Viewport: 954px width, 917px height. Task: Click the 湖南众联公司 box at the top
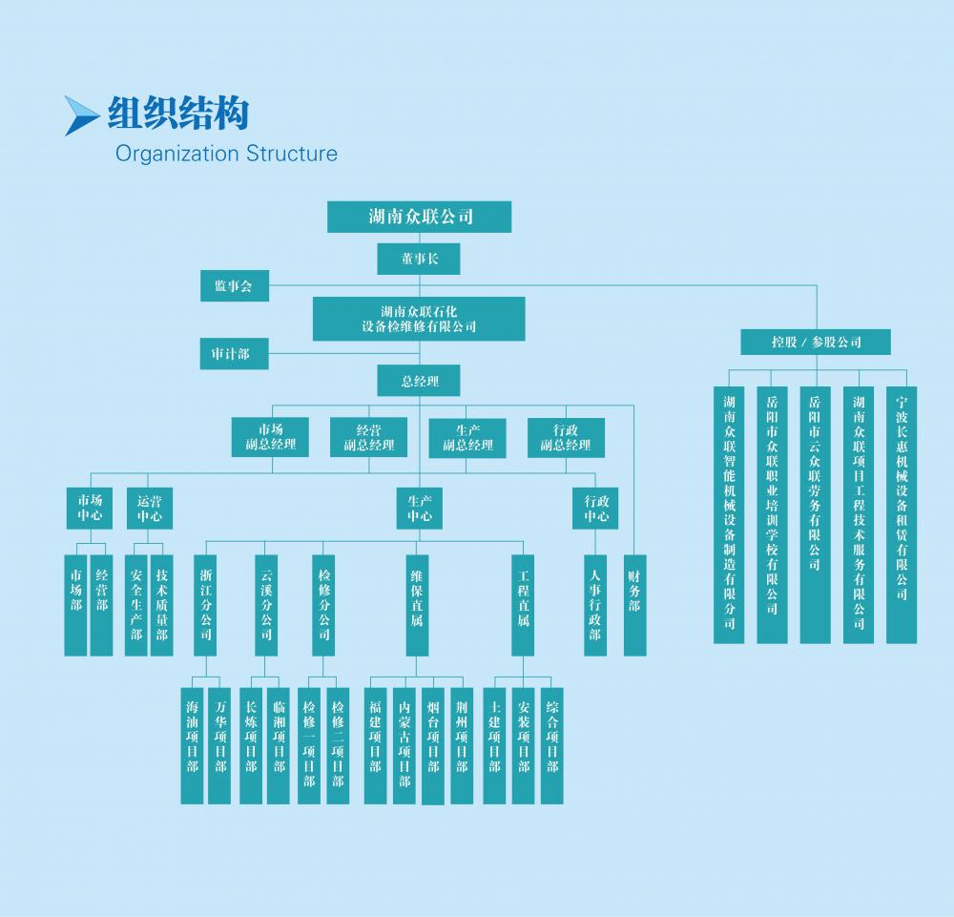pos(420,217)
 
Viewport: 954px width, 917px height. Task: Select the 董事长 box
pos(420,259)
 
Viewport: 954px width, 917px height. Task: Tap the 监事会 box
pos(234,286)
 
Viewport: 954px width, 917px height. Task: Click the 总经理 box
pos(420,382)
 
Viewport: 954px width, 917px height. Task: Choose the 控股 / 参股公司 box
pos(816,342)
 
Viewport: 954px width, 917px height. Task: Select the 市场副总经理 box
pos(271,437)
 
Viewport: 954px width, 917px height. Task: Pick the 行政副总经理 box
pos(566,437)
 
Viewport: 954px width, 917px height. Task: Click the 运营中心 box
pos(149,509)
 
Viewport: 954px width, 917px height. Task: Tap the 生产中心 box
pos(420,509)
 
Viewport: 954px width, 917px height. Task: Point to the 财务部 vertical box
pos(635,604)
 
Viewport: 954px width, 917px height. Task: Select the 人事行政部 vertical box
pos(595,604)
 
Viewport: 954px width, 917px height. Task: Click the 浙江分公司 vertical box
pos(206,604)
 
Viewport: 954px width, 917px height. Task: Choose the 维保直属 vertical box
pos(417,604)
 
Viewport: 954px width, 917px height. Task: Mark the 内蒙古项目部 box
pos(404,744)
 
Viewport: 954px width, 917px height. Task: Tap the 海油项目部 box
pos(193,744)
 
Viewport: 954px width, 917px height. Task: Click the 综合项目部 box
pos(552,744)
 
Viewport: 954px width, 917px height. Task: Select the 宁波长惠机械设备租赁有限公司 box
pos(902,513)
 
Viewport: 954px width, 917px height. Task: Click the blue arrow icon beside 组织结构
pos(81,115)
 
